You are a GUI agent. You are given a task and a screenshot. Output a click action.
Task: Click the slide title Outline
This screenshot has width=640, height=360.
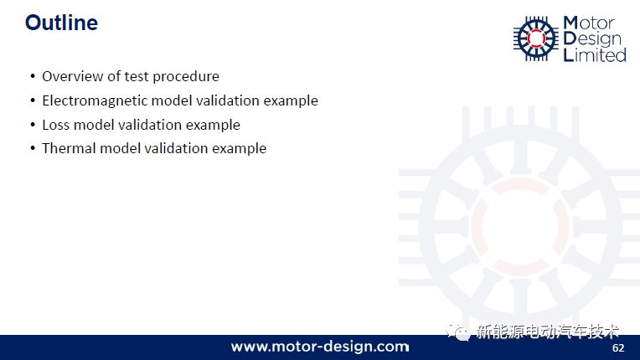(62, 23)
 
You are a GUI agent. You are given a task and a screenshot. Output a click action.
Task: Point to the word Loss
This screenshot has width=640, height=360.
(56, 125)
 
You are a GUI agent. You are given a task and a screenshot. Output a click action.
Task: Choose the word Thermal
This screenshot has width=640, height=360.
(69, 148)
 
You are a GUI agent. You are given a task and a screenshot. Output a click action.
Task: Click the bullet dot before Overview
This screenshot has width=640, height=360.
(33, 76)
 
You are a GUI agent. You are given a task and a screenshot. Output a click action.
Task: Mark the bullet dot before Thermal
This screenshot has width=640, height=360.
(33, 148)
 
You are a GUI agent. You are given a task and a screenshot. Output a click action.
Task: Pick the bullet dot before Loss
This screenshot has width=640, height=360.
(33, 125)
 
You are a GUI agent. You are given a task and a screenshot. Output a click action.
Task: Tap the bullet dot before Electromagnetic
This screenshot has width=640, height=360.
(33, 100)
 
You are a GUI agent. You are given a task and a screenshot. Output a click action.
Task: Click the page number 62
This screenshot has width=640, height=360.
(618, 347)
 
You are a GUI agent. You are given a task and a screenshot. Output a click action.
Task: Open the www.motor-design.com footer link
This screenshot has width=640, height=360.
(320, 347)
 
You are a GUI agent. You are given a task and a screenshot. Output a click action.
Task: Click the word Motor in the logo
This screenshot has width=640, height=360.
(589, 23)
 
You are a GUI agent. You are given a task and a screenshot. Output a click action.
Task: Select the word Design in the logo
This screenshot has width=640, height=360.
(592, 39)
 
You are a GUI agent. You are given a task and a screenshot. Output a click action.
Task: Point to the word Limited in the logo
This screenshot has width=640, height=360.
(595, 55)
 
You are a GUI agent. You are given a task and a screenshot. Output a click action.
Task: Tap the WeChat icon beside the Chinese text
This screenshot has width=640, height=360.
(457, 331)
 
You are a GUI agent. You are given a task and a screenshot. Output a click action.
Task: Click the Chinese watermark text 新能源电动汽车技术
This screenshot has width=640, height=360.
(548, 332)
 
